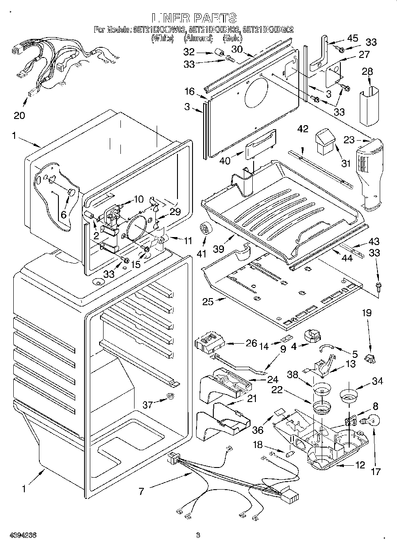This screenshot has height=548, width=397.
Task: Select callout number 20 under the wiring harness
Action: [19, 115]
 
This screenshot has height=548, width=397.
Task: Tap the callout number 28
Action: [367, 72]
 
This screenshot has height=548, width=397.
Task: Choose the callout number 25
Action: [208, 302]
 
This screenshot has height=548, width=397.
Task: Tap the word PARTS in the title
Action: [214, 18]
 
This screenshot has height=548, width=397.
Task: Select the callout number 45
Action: [352, 38]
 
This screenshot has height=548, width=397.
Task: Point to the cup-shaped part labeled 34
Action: [349, 395]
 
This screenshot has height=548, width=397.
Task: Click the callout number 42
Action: [303, 129]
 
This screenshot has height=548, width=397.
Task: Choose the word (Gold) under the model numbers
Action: [233, 38]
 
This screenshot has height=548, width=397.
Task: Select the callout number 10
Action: [139, 199]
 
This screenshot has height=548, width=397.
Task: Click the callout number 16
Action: [189, 92]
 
